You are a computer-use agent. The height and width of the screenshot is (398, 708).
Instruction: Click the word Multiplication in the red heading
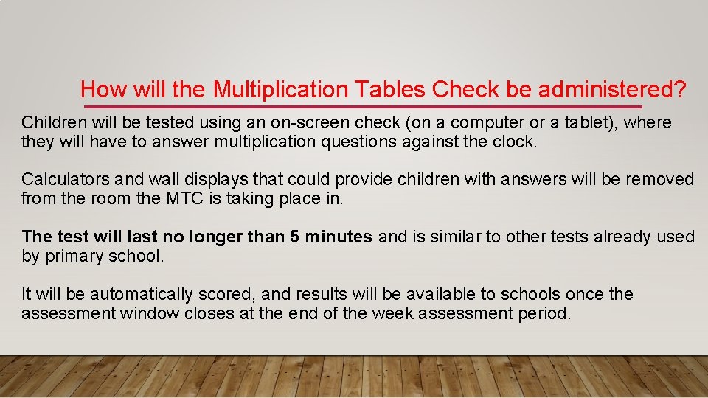coord(280,90)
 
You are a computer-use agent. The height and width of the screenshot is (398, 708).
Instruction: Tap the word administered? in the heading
coord(612,90)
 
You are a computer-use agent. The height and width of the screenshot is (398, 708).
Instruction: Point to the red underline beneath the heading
coord(361,108)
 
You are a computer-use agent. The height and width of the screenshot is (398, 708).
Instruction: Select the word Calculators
coord(63,179)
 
